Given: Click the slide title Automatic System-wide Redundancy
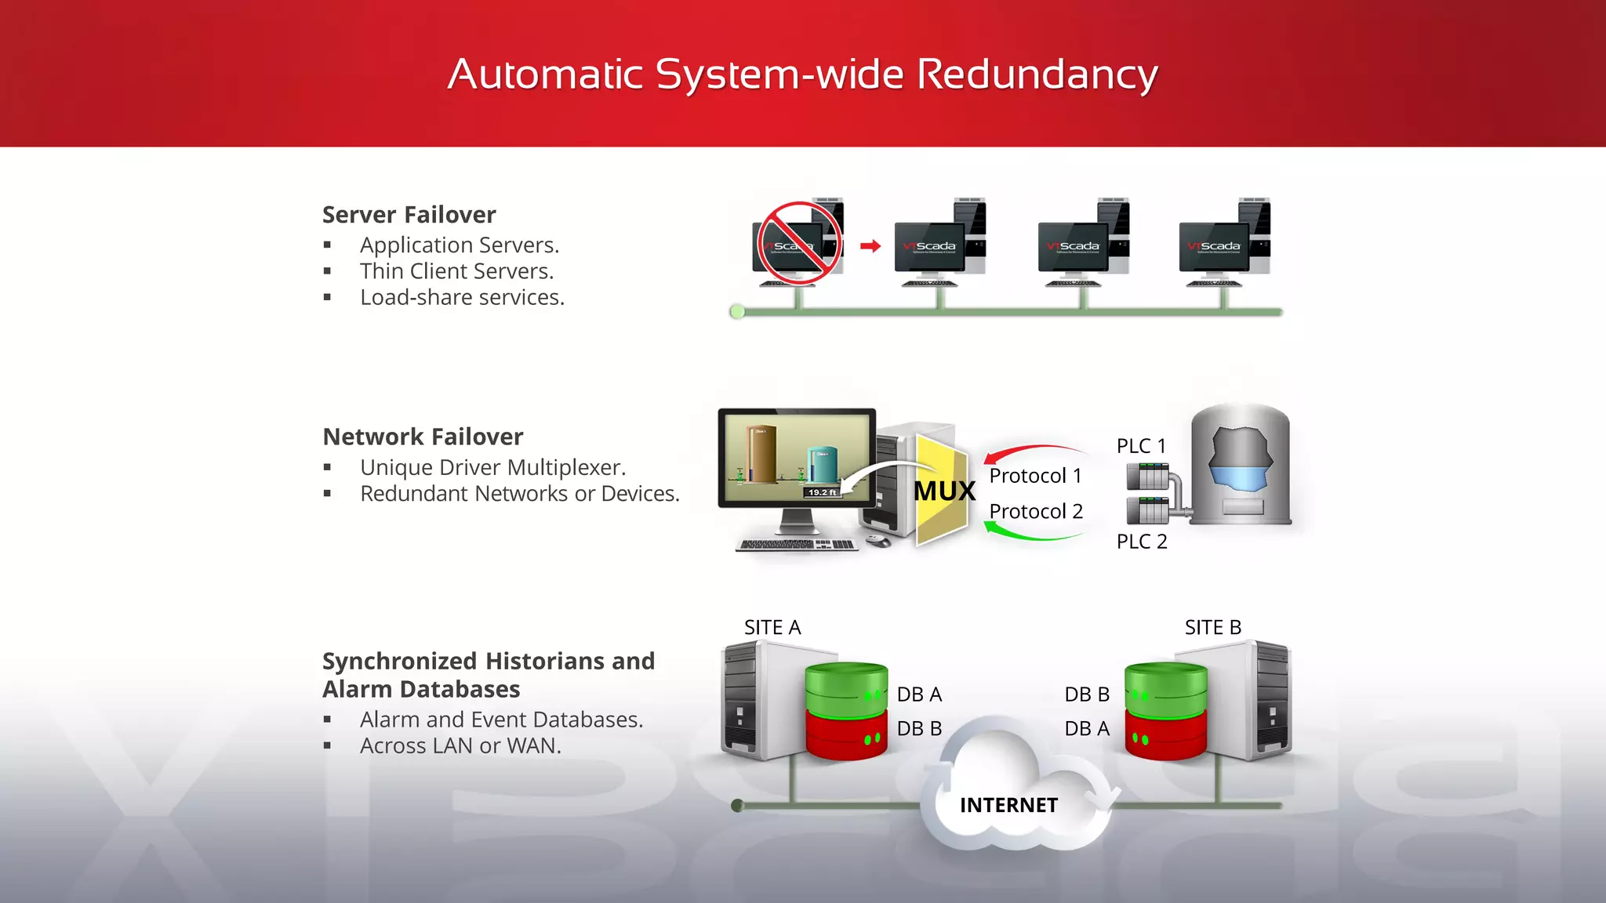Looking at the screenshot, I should pyautogui.click(x=802, y=75).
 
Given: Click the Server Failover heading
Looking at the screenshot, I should pyautogui.click(x=409, y=215).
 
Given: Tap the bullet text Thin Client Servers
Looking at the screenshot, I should pyautogui.click(x=456, y=271).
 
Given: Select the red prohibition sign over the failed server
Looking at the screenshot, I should pyautogui.click(x=799, y=243).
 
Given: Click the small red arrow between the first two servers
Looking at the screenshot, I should pyautogui.click(x=870, y=246).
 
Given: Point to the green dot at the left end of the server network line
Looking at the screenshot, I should pyautogui.click(x=737, y=312).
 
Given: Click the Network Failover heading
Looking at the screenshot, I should pyautogui.click(x=423, y=437).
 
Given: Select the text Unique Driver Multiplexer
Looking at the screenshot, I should pyautogui.click(x=492, y=468).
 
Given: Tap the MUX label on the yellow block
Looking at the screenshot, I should pyautogui.click(x=944, y=491).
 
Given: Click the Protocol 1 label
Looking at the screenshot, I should pyautogui.click(x=1035, y=476).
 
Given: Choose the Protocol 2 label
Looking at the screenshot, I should pyautogui.click(x=1035, y=512).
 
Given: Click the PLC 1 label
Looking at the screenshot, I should pyautogui.click(x=1141, y=446).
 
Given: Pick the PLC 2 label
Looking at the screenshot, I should pyautogui.click(x=1141, y=542).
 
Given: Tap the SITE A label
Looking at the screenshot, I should pyautogui.click(x=772, y=628).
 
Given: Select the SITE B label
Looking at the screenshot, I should pyautogui.click(x=1212, y=628).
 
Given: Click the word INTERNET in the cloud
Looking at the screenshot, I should pyautogui.click(x=1008, y=806).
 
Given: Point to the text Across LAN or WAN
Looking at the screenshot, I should pyautogui.click(x=460, y=746).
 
